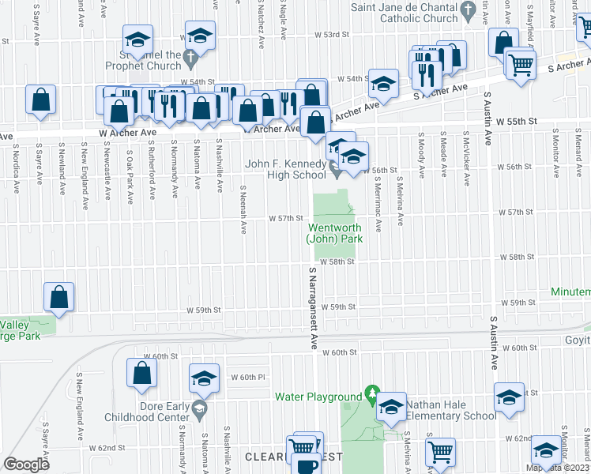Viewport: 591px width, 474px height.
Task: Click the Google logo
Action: pos(27,464)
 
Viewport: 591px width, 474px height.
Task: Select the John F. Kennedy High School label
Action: pos(285,169)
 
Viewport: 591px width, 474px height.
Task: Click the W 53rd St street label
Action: pos(331,35)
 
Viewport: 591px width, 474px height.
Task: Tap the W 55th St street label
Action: pos(521,122)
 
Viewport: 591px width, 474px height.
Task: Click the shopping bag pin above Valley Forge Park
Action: pos(59,297)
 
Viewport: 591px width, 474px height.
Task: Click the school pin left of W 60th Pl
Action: pos(204,379)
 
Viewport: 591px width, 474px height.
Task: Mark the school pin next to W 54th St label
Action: pos(382,82)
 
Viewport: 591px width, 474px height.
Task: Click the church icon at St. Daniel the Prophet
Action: pos(190,57)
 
